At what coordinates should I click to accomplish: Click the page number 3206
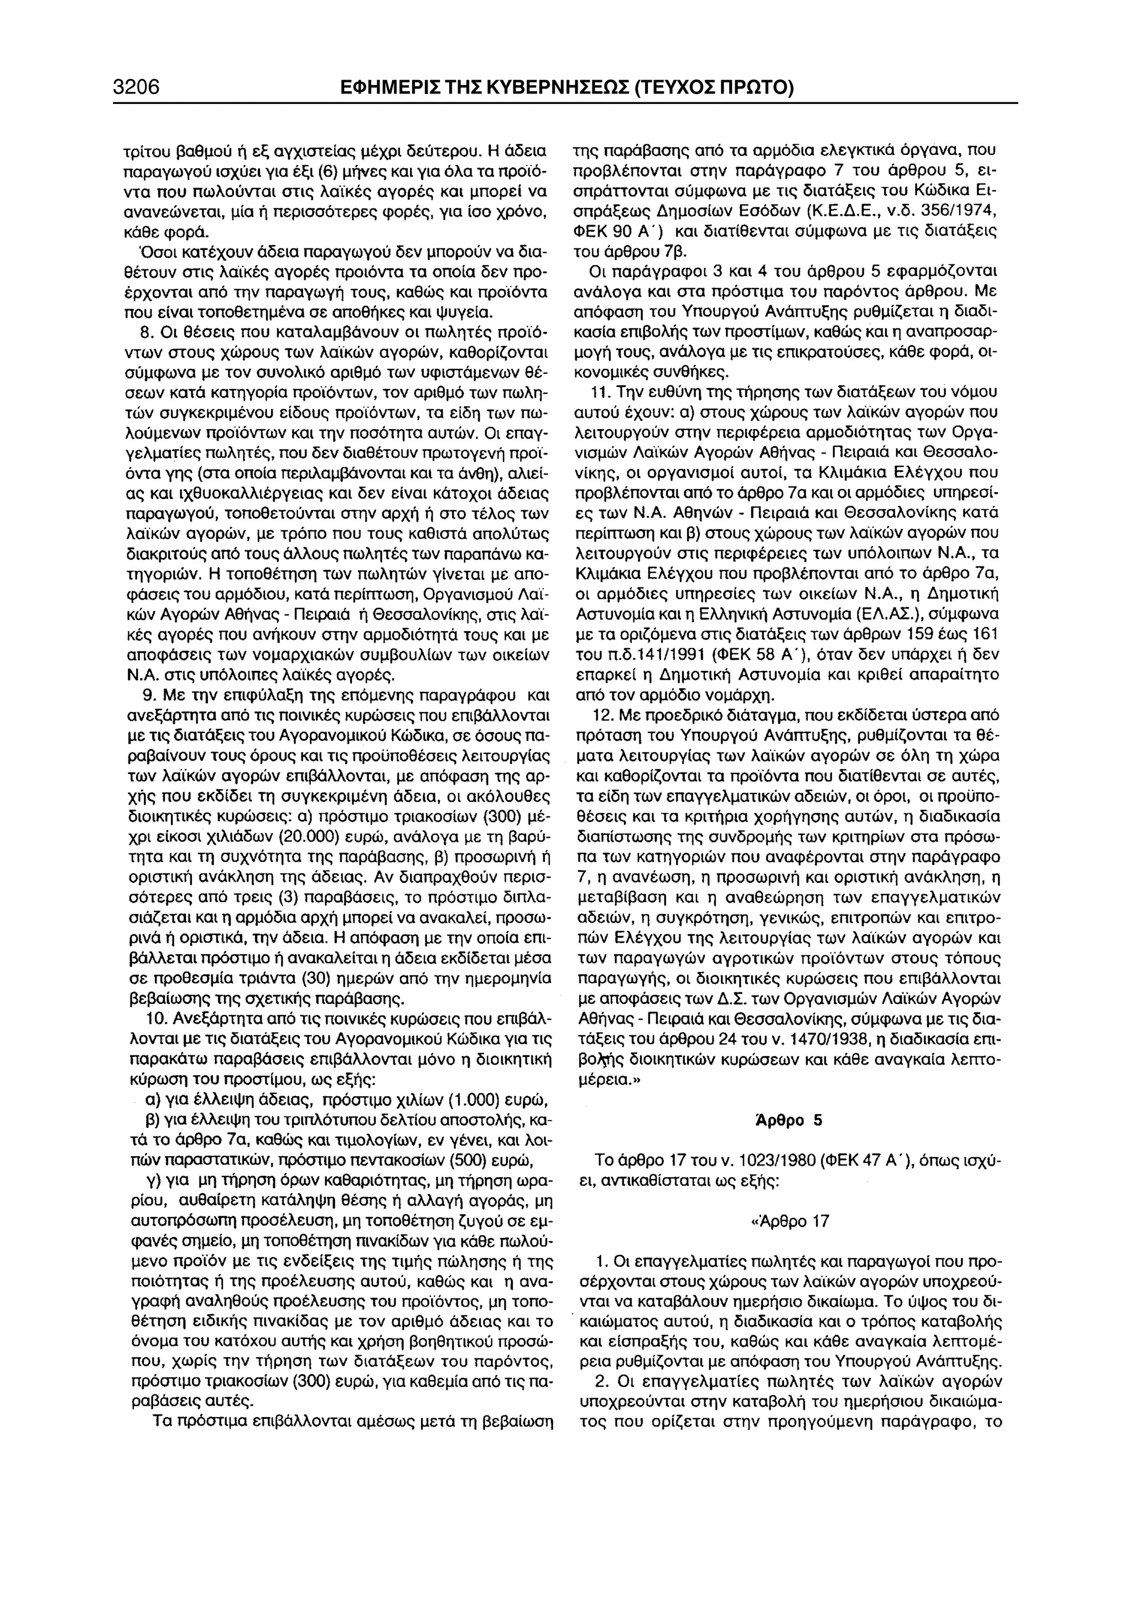(x=137, y=87)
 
